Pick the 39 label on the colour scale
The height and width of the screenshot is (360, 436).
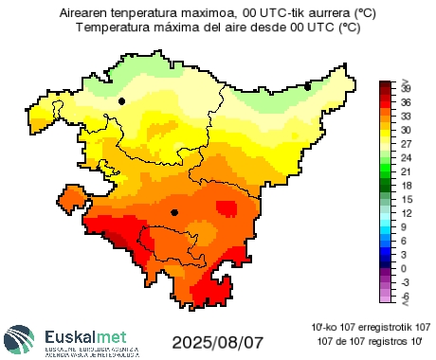tap(406, 87)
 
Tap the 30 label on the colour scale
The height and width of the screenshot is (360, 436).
tap(406, 130)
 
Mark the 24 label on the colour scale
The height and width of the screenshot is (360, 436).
tap(406, 157)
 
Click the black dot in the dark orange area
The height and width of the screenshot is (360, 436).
tap(174, 213)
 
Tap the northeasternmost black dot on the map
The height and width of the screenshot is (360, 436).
tap(307, 87)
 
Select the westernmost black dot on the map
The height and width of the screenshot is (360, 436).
tap(121, 100)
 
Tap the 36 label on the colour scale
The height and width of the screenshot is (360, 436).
tap(406, 101)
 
